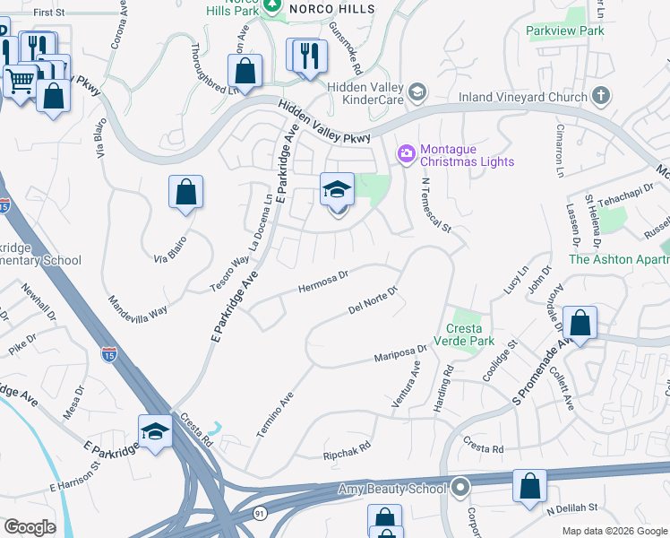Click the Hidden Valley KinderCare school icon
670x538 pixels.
tap(417, 92)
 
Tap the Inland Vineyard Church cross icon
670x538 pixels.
tap(601, 96)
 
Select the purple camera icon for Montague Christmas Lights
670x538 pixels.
tap(407, 155)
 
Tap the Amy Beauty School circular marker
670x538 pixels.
tap(460, 489)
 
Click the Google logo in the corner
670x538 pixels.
tap(30, 527)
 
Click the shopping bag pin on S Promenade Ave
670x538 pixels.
tap(580, 324)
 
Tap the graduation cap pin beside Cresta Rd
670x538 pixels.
tap(155, 431)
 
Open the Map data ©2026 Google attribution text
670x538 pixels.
tap(614, 531)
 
